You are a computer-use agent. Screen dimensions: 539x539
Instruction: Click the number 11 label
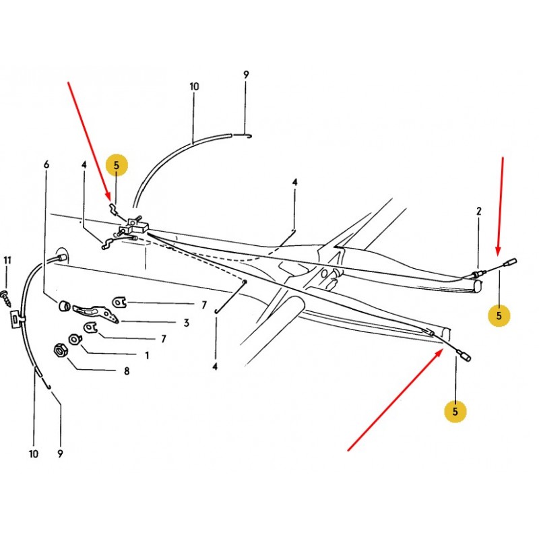[x=7, y=261]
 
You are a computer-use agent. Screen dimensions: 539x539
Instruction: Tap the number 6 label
[x=46, y=164]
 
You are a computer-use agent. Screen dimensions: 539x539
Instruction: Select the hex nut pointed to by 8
[x=61, y=350]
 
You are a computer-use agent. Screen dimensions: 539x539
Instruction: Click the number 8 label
[x=127, y=371]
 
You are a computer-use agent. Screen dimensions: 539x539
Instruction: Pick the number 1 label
[x=147, y=356]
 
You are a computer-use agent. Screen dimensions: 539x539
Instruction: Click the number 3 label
[x=187, y=323]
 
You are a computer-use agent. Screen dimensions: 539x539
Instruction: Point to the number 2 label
[x=479, y=211]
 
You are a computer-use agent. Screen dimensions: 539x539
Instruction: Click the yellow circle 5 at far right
[x=499, y=315]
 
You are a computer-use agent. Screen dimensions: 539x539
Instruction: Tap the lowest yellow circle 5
[x=455, y=412]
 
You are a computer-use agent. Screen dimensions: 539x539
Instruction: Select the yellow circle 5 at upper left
[x=117, y=165]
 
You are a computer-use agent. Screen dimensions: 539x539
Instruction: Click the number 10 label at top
[x=194, y=87]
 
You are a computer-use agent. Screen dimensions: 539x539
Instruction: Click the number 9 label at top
[x=246, y=75]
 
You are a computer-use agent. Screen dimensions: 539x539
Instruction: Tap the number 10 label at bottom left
[x=34, y=453]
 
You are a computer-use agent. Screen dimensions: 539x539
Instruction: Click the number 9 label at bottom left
[x=61, y=453]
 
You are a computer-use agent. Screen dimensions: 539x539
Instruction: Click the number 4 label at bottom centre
[x=215, y=367]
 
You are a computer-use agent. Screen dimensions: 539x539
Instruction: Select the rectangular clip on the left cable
[x=15, y=318]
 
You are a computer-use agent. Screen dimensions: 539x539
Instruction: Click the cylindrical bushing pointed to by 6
[x=64, y=306]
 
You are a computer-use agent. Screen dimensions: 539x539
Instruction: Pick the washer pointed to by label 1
[x=74, y=340]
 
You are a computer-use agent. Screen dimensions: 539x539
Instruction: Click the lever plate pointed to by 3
[x=96, y=313]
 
